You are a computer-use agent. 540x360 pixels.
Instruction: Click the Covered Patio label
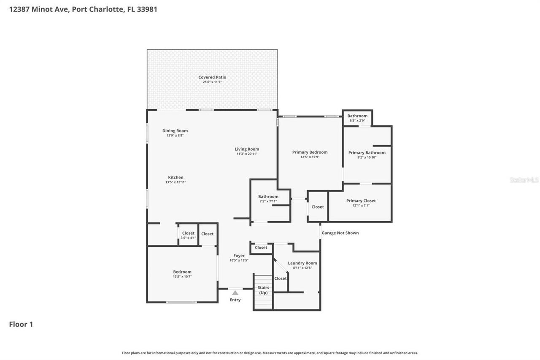pyautogui.click(x=212, y=77)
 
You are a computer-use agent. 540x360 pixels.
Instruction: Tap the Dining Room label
pyautogui.click(x=175, y=131)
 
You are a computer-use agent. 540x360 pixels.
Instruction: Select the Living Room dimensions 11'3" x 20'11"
pyautogui.click(x=247, y=154)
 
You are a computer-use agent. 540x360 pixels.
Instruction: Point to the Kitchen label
pyautogui.click(x=175, y=177)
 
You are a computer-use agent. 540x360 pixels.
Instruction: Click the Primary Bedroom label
pyautogui.click(x=310, y=152)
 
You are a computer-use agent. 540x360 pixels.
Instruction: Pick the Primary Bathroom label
pyautogui.click(x=367, y=153)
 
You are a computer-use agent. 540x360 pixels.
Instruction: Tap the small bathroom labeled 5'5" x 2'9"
pyautogui.click(x=357, y=118)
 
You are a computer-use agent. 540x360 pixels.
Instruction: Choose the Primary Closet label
pyautogui.click(x=361, y=201)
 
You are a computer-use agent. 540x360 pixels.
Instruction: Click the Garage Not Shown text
pyautogui.click(x=340, y=233)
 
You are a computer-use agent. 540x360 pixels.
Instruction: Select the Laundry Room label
pyautogui.click(x=302, y=263)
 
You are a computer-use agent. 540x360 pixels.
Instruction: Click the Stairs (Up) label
pyautogui.click(x=263, y=290)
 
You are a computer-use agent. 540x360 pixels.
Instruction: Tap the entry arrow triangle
pyautogui.click(x=235, y=292)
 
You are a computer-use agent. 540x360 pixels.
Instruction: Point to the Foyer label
pyautogui.click(x=239, y=256)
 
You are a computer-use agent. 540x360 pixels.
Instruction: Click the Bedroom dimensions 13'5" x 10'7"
pyautogui.click(x=182, y=276)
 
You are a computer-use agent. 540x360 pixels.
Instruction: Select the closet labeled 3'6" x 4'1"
pyautogui.click(x=188, y=235)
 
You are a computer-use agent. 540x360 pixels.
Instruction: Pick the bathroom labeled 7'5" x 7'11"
pyautogui.click(x=268, y=198)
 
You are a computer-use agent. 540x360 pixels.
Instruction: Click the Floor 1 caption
pyautogui.click(x=21, y=324)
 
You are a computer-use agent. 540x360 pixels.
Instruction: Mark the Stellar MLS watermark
pyautogui.click(x=524, y=180)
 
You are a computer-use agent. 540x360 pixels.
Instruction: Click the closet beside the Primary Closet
pyautogui.click(x=318, y=207)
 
